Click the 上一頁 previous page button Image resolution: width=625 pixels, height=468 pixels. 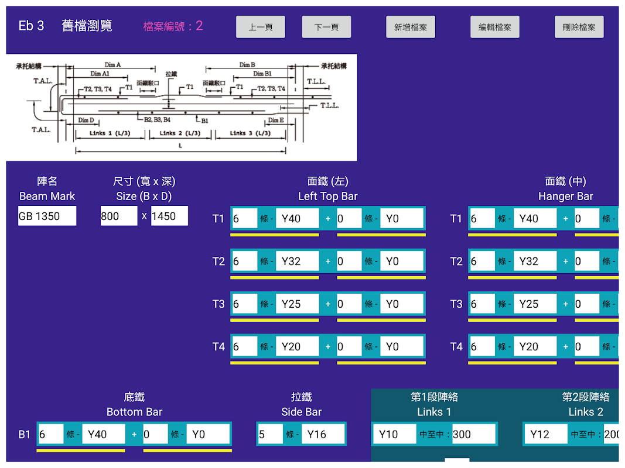point(261,27)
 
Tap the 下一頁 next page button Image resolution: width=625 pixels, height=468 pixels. point(326,27)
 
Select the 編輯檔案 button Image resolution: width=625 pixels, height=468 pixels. point(495,27)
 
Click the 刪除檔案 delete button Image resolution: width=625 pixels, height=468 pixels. point(579,27)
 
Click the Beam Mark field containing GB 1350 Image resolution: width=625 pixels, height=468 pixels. point(47,216)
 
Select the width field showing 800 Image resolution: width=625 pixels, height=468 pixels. point(119,216)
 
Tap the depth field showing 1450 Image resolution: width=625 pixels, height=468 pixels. point(169,216)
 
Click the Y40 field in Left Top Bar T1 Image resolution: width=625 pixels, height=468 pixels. point(297,219)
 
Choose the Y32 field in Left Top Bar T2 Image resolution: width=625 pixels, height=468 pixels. point(297,261)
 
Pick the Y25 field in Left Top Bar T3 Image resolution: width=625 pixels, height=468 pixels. point(297,304)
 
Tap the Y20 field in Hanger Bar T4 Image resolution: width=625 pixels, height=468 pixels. point(535,347)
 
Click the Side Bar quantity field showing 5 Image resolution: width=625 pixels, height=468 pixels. point(269,434)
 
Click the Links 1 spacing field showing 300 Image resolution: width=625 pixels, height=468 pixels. point(473,434)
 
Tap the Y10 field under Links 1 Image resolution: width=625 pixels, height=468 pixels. point(394,434)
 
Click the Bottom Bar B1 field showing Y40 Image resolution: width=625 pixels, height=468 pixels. point(103,434)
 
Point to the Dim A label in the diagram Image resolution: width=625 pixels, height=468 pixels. point(113,65)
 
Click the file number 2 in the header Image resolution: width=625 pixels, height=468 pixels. point(199,26)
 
